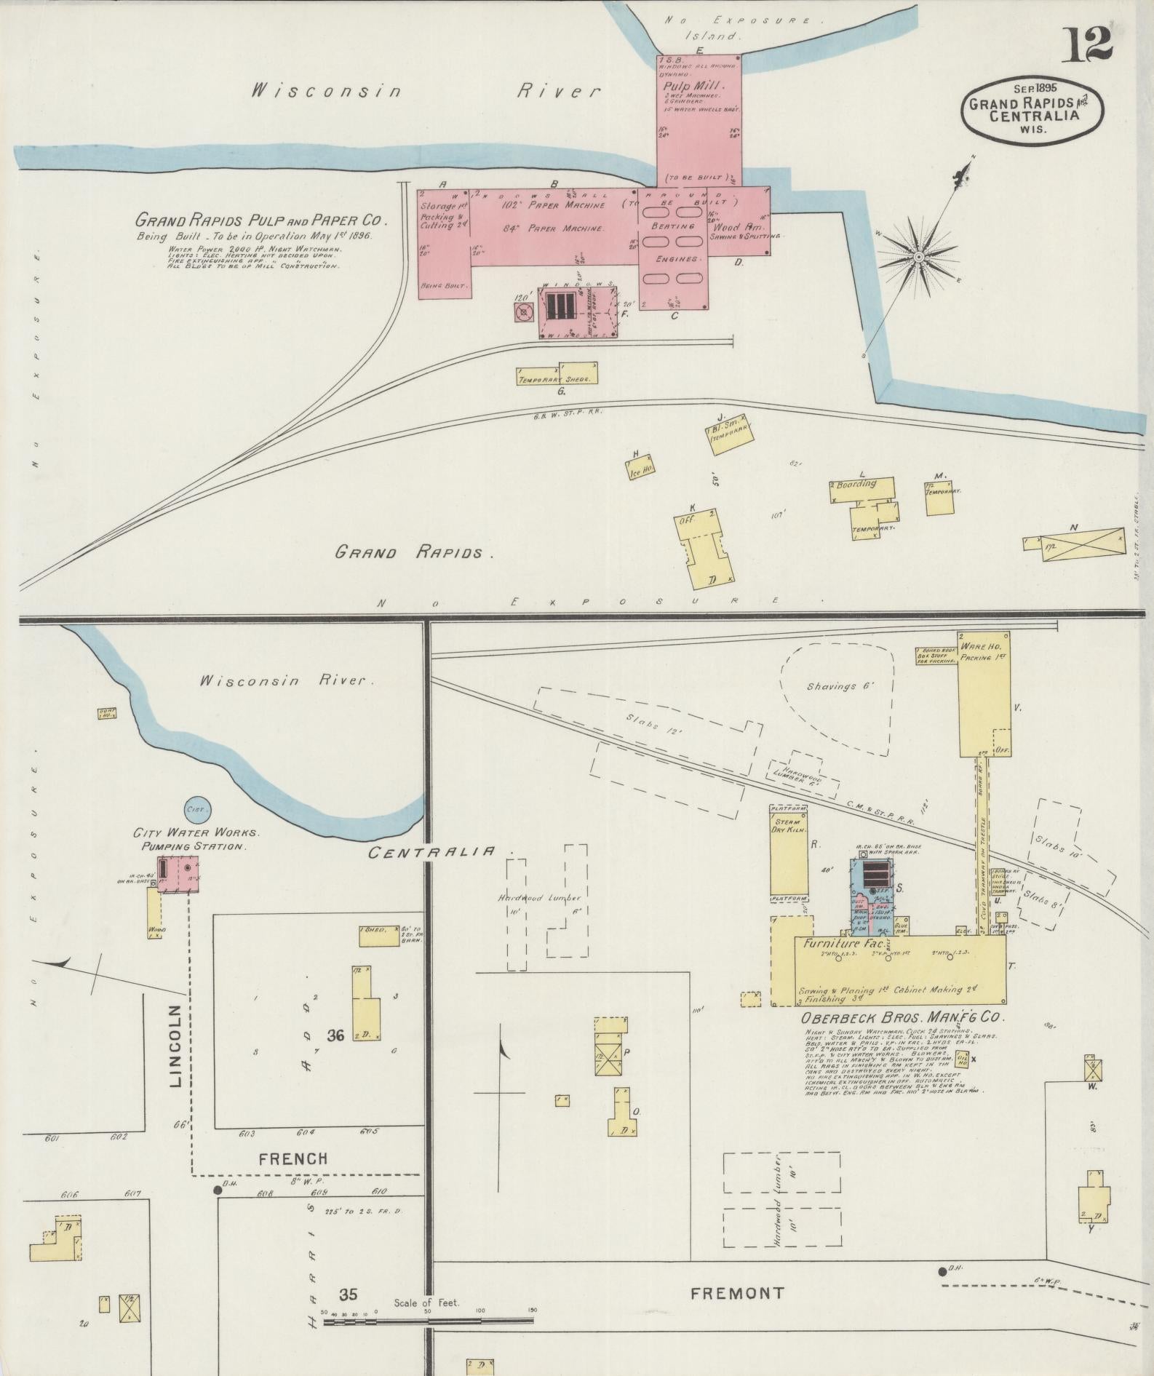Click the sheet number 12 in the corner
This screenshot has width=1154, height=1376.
tap(1089, 44)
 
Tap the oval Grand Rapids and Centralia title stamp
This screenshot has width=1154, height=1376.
tap(1034, 109)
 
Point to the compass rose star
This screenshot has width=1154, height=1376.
tap(920, 257)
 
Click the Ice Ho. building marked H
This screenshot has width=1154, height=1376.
tap(640, 470)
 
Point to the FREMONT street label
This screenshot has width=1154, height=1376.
tap(737, 1293)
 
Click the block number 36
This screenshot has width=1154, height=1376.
tap(335, 1036)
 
